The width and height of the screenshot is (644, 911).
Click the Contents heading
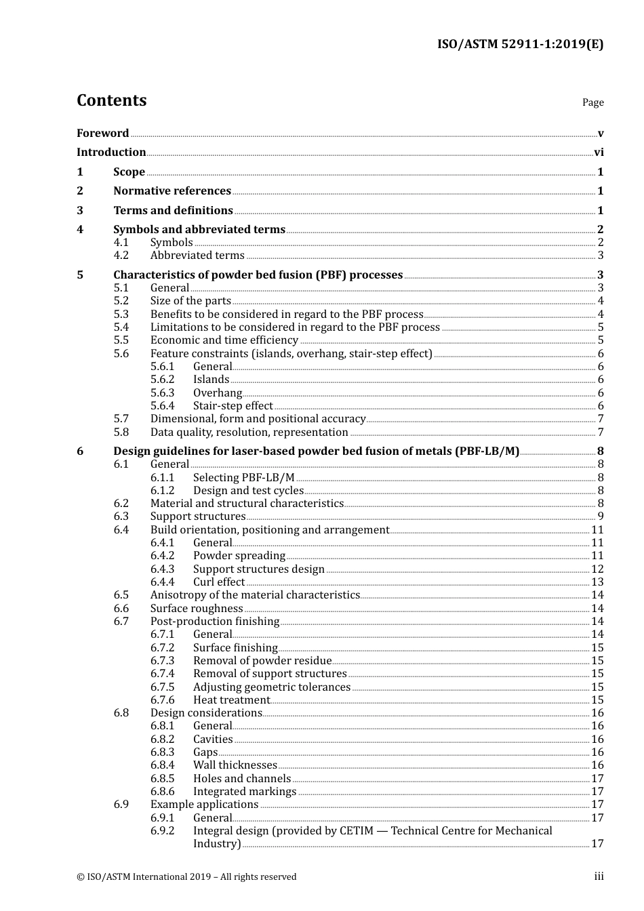tap(111, 100)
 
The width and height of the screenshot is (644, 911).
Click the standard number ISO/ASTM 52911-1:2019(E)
tap(520, 45)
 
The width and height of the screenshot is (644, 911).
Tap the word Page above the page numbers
tap(592, 102)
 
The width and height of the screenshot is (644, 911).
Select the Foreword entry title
tap(102, 134)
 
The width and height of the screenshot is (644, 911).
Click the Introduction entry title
tap(111, 153)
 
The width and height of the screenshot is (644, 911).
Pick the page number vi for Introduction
tap(599, 153)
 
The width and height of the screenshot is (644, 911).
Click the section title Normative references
tap(172, 191)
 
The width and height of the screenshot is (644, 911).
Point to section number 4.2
tap(121, 256)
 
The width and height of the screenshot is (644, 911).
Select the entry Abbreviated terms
tap(197, 256)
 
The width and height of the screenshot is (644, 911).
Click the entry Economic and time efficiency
tap(224, 340)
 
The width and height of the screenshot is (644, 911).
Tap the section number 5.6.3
tap(162, 393)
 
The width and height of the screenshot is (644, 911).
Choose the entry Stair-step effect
tap(233, 406)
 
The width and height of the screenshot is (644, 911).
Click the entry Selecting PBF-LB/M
tap(243, 478)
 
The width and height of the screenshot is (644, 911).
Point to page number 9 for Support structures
tap(601, 517)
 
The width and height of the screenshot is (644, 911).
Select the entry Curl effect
tap(218, 582)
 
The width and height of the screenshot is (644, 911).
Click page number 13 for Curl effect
tap(597, 582)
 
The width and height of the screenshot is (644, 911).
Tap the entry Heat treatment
tap(231, 700)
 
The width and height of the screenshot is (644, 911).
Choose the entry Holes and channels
tap(241, 779)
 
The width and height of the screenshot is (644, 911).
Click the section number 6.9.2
tap(162, 831)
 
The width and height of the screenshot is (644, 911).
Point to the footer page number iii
tap(599, 876)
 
